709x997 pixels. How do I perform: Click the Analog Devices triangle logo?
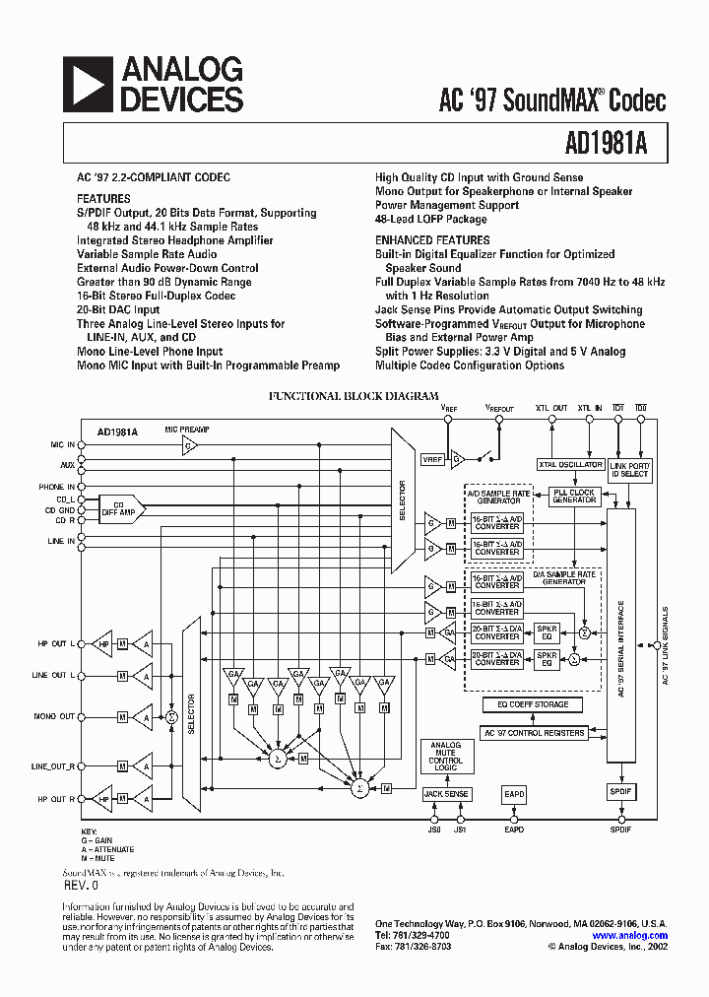point(89,84)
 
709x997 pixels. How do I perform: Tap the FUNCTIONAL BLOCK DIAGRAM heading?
point(354,396)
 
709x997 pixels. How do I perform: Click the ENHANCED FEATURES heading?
point(432,239)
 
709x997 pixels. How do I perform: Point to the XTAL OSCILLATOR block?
point(570,464)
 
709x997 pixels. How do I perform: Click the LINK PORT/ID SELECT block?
point(629,469)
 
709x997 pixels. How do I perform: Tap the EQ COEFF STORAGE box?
point(532,704)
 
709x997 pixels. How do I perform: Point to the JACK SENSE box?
point(446,794)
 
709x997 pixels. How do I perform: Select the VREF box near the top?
point(431,459)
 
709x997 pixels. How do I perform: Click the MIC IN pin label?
point(63,444)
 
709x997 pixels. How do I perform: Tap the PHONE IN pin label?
point(57,487)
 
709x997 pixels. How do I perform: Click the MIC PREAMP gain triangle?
point(188,445)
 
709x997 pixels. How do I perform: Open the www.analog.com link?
point(630,936)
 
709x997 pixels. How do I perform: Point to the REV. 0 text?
point(81,886)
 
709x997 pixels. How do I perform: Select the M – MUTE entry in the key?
point(98,858)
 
